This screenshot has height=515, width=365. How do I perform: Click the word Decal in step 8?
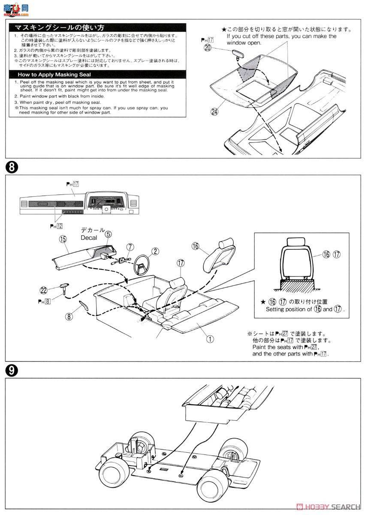88,237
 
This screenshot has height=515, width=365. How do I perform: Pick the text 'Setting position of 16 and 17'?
305,309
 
